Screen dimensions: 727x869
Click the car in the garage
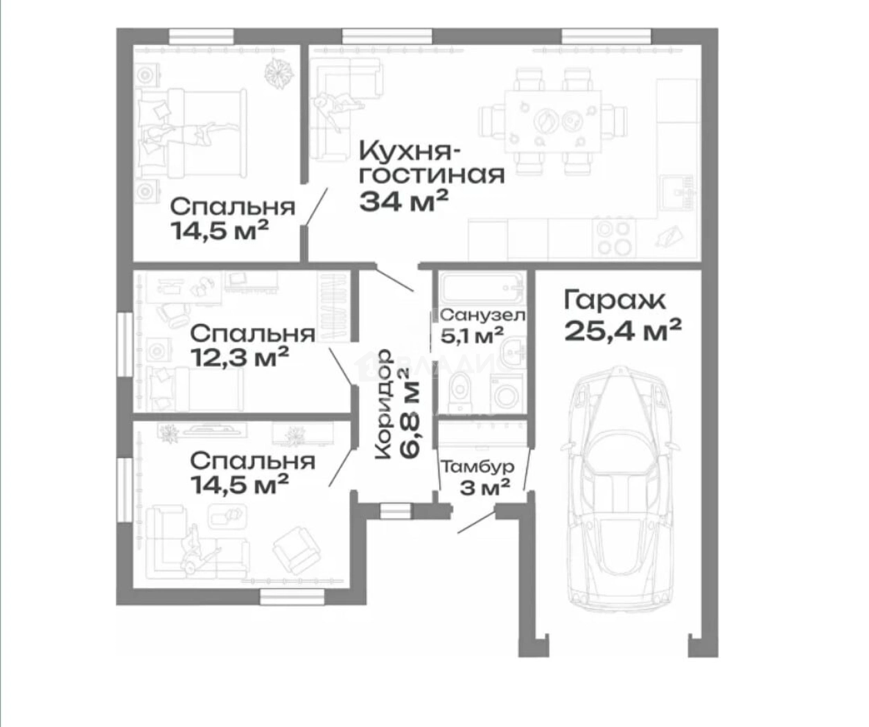621,485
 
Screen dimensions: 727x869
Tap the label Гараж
614,300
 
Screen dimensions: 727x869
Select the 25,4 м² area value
622,330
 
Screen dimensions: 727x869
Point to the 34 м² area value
403,201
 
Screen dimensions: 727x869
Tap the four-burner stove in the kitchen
614,237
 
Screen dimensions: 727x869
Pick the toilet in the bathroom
459,391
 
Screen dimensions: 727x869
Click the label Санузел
482,316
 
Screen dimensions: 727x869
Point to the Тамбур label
477,467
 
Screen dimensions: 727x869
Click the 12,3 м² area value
239,357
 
